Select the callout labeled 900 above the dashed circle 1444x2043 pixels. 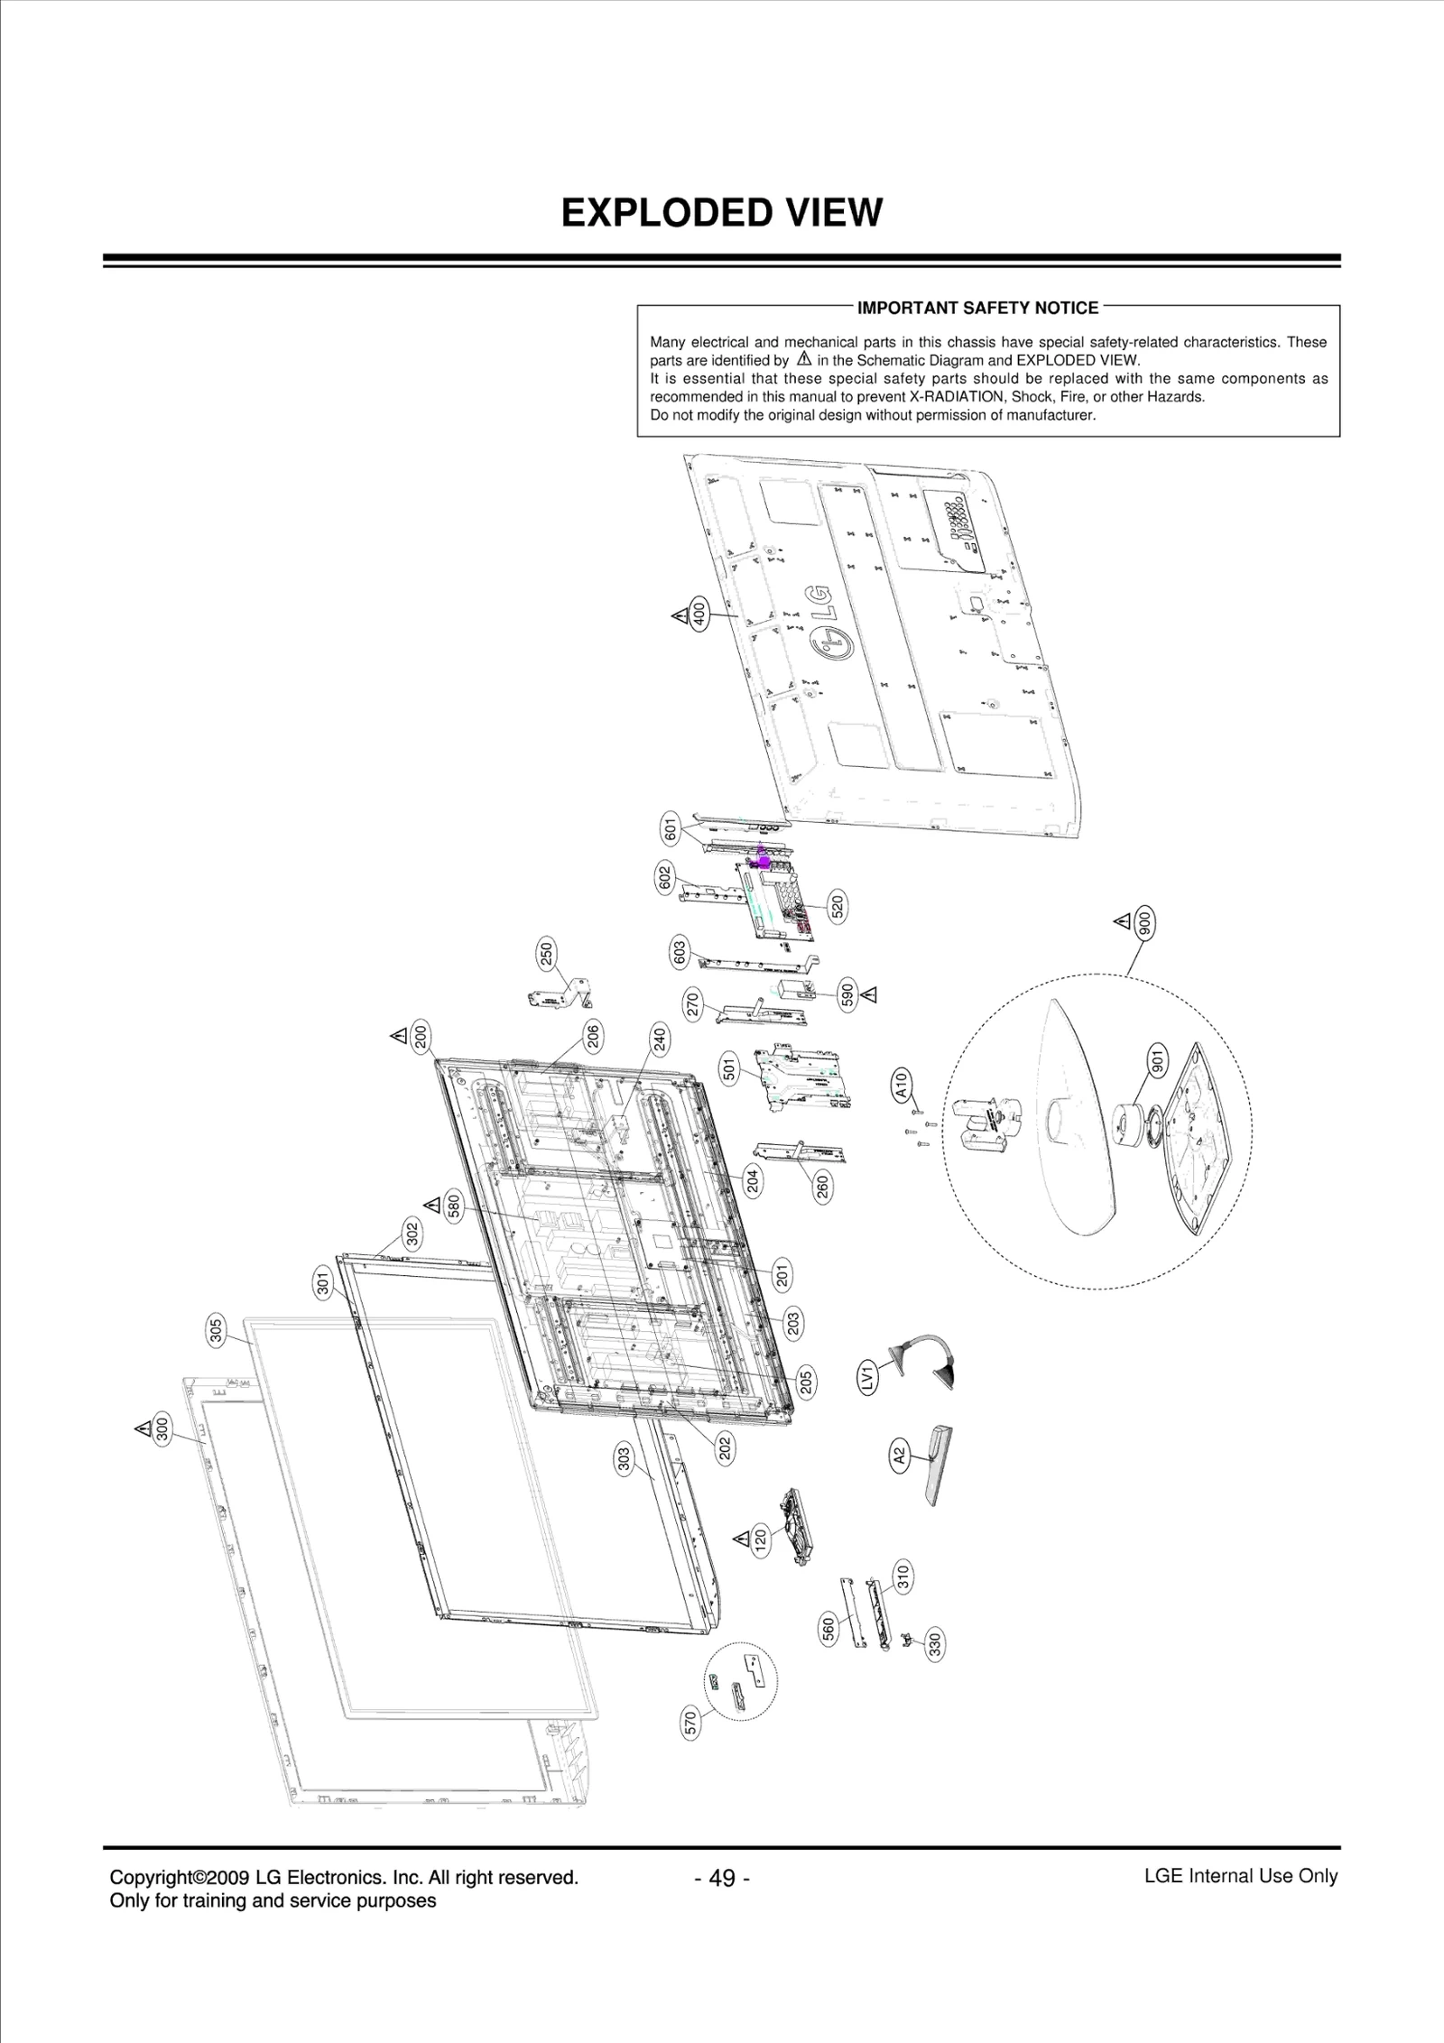click(x=1145, y=924)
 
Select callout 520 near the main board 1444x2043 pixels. click(x=838, y=906)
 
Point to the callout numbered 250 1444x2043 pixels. click(x=547, y=954)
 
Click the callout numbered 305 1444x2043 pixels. click(x=217, y=1332)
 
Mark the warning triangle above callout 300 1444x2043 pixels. click(x=142, y=1428)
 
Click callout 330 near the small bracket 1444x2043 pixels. click(x=935, y=1645)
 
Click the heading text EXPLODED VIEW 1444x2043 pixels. click(x=721, y=213)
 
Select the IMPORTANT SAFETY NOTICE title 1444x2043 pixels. click(x=977, y=309)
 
